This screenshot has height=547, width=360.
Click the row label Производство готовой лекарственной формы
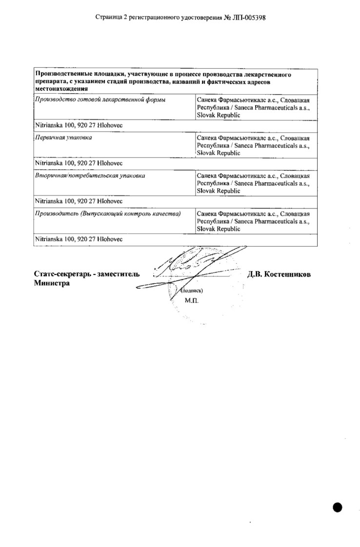tap(100, 100)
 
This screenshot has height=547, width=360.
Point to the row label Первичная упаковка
tap(63, 137)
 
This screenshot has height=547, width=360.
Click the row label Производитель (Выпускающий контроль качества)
tap(107, 214)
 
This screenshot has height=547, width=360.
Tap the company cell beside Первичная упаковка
tap(254, 145)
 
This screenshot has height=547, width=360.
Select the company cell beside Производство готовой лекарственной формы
tap(254, 107)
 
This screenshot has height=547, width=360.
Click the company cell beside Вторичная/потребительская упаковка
tap(254, 183)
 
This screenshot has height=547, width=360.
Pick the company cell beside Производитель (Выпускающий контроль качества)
tap(254, 221)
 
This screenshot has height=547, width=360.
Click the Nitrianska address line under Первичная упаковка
tap(79, 163)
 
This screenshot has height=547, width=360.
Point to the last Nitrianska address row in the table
tap(79, 239)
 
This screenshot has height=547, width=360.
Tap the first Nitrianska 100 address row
tap(79, 125)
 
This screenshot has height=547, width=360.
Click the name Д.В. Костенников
tap(279, 274)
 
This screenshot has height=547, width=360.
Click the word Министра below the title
tap(52, 284)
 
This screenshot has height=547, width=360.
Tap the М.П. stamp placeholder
tap(192, 301)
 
